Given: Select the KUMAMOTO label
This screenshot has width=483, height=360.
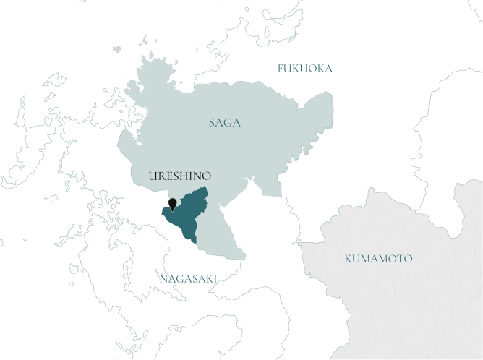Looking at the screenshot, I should click(x=378, y=258).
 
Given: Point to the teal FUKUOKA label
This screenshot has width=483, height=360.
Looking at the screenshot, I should click(x=307, y=69).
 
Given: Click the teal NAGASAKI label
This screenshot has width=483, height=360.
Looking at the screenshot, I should click(x=187, y=277).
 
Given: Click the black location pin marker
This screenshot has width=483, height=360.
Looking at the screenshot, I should click(x=172, y=202).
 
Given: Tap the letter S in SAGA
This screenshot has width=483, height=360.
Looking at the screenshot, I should click(x=211, y=123).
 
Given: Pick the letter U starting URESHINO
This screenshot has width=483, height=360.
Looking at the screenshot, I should click(x=150, y=176).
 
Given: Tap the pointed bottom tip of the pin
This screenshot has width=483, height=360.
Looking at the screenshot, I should click(x=172, y=209).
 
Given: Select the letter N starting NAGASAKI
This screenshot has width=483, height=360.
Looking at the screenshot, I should click(x=160, y=277).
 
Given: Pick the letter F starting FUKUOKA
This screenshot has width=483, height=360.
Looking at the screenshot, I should click(x=281, y=69).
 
